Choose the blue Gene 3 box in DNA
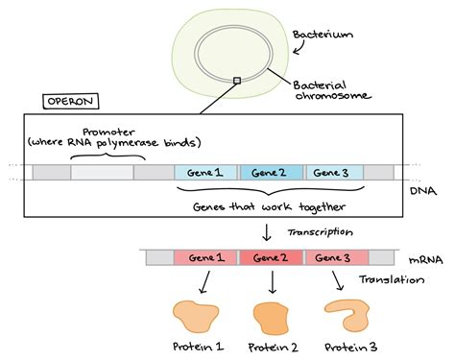[334, 173]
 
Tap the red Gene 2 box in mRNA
[272, 258]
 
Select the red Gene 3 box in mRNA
[335, 258]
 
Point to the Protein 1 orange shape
[198, 317]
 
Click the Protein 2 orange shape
[271, 318]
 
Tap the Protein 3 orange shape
[347, 315]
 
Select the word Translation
[392, 280]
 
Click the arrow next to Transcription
[266, 231]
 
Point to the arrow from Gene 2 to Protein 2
[273, 283]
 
